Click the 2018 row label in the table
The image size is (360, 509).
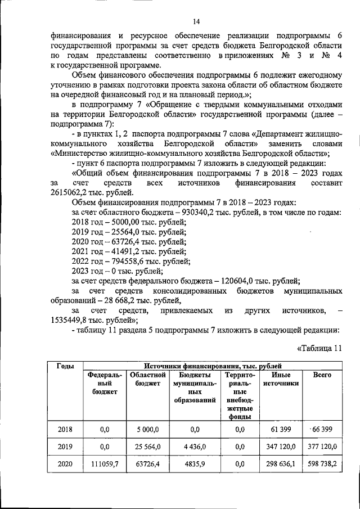(x=65, y=429)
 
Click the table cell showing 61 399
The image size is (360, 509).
(x=281, y=429)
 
